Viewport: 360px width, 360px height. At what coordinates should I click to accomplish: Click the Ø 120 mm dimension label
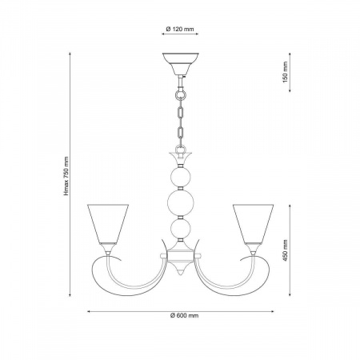point(180,29)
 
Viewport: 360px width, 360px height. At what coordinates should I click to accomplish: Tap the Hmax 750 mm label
point(66,176)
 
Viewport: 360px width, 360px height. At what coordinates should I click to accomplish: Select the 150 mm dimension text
point(286,72)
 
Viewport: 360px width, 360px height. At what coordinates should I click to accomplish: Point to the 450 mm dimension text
point(286,250)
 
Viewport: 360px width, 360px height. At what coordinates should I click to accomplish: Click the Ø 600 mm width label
point(184,316)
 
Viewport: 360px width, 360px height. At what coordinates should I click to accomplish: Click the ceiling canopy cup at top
point(181,64)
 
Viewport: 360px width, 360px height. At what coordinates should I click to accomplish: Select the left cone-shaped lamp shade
point(108,224)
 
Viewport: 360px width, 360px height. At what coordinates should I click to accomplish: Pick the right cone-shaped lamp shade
point(253,224)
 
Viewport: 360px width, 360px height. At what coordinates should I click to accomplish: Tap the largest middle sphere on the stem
point(181,202)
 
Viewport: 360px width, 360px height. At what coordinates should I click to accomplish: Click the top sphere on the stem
point(181,177)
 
